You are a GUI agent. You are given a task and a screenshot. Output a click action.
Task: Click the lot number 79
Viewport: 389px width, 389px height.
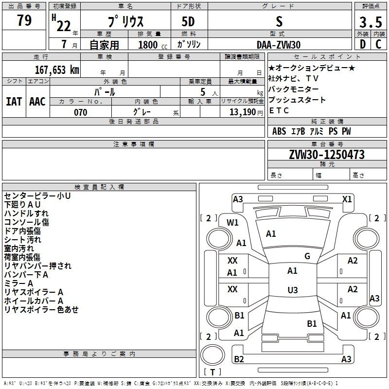click(24, 20)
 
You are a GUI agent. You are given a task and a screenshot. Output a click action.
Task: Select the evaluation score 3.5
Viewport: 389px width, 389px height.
click(371, 22)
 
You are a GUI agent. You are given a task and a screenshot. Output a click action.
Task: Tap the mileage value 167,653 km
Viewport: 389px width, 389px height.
click(57, 70)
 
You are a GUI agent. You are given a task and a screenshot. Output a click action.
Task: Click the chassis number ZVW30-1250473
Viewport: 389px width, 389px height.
click(327, 155)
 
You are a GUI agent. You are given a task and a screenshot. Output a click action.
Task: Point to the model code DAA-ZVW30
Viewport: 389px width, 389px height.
click(279, 45)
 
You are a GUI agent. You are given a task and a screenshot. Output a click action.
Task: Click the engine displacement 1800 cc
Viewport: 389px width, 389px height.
click(153, 45)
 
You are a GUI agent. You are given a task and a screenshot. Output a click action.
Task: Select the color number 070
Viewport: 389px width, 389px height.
click(81, 112)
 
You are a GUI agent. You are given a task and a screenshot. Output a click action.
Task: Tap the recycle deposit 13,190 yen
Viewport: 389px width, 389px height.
click(246, 112)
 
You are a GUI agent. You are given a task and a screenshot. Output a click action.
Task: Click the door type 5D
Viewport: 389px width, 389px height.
click(188, 22)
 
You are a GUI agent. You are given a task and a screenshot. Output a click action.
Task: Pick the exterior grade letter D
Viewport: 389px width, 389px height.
click(363, 44)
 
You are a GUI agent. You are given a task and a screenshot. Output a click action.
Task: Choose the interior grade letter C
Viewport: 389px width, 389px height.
click(378, 44)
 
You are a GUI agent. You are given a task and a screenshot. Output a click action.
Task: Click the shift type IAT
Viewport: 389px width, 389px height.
click(14, 102)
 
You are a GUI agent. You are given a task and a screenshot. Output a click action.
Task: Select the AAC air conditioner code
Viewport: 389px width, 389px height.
click(37, 102)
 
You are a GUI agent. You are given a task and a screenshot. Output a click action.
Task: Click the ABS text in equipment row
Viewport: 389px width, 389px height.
click(279, 131)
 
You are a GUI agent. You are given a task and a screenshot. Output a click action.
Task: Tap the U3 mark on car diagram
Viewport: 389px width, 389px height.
click(293, 290)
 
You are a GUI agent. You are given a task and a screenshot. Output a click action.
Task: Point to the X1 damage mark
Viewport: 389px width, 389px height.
click(347, 199)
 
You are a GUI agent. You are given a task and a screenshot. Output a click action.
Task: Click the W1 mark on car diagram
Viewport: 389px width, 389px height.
click(232, 223)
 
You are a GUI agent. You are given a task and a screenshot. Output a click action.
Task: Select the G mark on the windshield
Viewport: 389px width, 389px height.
click(307, 256)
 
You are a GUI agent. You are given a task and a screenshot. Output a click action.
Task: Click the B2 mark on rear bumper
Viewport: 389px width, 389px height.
click(239, 359)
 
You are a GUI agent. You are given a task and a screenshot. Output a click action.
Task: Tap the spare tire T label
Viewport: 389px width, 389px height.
click(212, 372)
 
